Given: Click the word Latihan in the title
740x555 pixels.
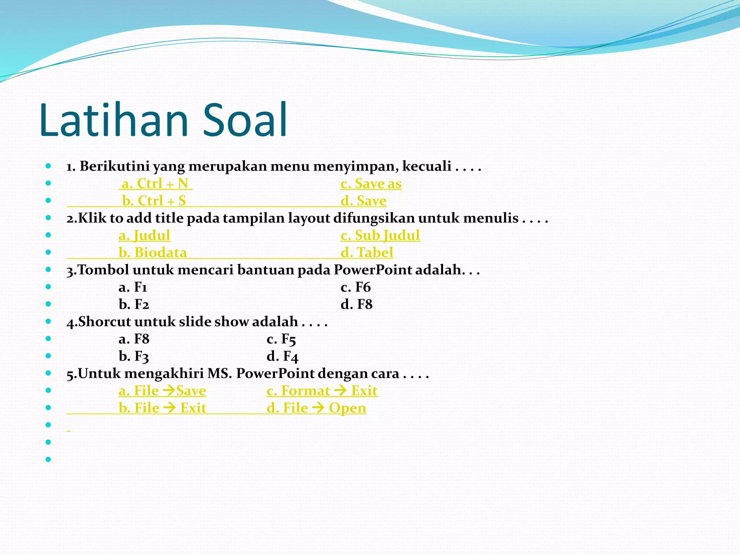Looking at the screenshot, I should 114,120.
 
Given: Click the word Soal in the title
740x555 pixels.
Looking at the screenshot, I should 245,120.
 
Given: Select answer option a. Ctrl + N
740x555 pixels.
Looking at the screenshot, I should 155,184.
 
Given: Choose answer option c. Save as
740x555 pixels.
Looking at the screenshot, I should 371,184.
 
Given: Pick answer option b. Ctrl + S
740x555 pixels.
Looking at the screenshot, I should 154,201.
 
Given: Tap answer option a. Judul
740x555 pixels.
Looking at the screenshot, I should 144,236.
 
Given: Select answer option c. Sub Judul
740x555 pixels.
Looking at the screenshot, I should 380,236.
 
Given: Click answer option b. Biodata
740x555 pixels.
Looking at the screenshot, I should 152,253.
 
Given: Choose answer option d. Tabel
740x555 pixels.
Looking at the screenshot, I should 367,253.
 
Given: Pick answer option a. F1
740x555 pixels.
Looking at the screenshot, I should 133,287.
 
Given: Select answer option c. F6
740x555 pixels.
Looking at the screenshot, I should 356,287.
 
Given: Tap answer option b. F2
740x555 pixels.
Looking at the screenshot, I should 134,305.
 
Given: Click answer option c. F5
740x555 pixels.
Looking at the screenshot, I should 281,339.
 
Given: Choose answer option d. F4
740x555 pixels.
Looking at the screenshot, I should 282,357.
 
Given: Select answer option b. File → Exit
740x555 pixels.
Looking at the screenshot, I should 162,408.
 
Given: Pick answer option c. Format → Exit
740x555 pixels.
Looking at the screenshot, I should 322,391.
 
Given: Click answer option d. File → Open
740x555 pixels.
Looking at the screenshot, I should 316,408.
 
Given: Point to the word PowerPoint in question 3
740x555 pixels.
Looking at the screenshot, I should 373,270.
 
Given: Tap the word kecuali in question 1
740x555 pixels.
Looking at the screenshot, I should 426,166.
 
